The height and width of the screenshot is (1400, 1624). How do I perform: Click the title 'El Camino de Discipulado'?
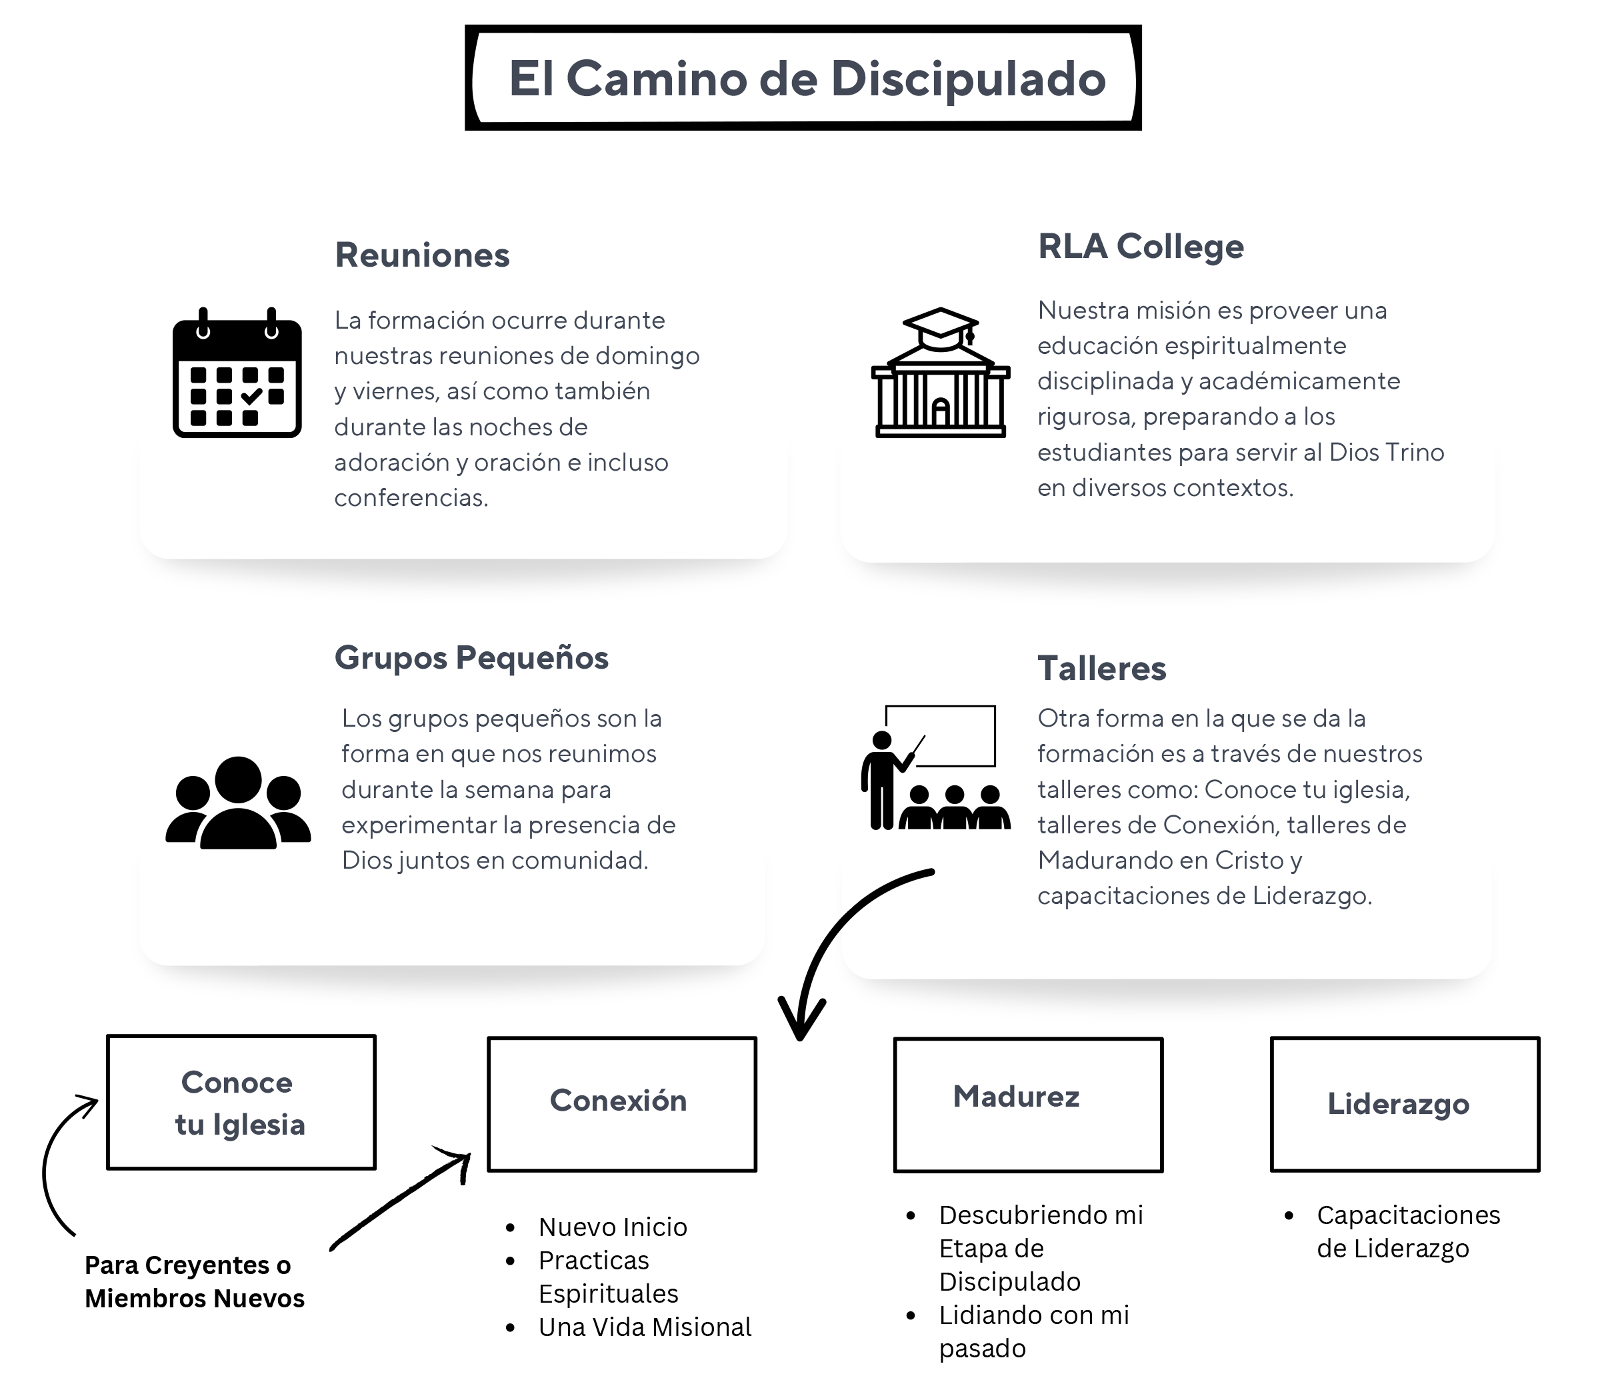pyautogui.click(x=807, y=79)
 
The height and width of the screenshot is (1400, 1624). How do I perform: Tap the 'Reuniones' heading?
pyautogui.click(x=423, y=255)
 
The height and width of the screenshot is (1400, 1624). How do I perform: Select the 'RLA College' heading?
pyautogui.click(x=1141, y=247)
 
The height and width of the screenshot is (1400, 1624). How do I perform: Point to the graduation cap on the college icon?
pyautogui.click(x=941, y=327)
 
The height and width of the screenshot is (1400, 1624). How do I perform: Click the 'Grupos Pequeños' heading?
pyautogui.click(x=472, y=658)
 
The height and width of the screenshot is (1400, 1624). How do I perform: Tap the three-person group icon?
pyautogui.click(x=238, y=803)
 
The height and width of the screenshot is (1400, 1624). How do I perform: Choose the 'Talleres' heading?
pyautogui.click(x=1102, y=669)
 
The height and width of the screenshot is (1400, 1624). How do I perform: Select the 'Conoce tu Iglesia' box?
pyautogui.click(x=241, y=1102)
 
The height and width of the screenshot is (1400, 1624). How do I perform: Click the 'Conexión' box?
pyautogui.click(x=622, y=1105)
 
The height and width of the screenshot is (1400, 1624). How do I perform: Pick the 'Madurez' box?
pyautogui.click(x=1028, y=1105)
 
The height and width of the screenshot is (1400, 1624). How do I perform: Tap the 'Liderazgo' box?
pyautogui.click(x=1405, y=1105)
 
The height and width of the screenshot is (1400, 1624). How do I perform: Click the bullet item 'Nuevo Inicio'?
pyautogui.click(x=613, y=1227)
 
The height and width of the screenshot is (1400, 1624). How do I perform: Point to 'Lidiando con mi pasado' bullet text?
pyautogui.click(x=1035, y=1332)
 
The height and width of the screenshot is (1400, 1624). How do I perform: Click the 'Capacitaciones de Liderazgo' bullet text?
pyautogui.click(x=1409, y=1231)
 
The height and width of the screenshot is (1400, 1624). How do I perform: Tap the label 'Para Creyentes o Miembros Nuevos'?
pyautogui.click(x=195, y=1281)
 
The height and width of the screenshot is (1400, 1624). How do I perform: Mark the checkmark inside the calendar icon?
pyautogui.click(x=251, y=397)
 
